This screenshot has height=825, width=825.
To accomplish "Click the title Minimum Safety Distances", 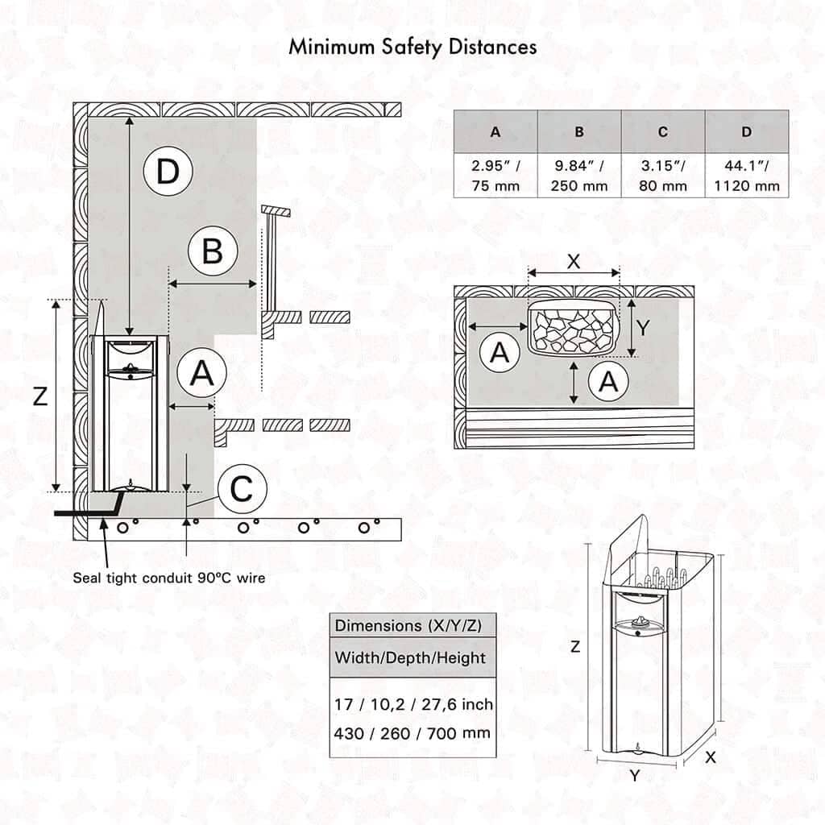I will coord(412,47).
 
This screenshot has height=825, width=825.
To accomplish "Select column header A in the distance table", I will coord(495,131).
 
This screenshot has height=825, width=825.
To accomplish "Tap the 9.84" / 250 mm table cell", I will coord(579,176).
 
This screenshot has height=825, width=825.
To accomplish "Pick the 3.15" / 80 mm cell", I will coord(663,176).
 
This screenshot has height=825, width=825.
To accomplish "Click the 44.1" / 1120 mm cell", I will coord(747,176).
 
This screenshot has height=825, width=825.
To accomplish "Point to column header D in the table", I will coord(747,131).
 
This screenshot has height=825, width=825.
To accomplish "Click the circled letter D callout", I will coord(168,172).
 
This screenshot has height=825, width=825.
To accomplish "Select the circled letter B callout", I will coord(213,252).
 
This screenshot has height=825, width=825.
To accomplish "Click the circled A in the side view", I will coord(201,374).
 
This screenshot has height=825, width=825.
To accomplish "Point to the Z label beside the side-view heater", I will coord(39,396).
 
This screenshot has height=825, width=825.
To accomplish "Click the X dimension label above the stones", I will coord(573,262).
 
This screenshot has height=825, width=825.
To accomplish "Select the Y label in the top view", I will coord(643,327).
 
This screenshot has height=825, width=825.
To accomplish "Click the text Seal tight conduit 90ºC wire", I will coord(169,577).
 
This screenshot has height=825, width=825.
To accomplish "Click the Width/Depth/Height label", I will coord(410,657).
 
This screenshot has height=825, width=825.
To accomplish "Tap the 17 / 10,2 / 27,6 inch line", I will coord(414,704).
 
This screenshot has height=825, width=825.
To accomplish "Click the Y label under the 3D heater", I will coord(635,776).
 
